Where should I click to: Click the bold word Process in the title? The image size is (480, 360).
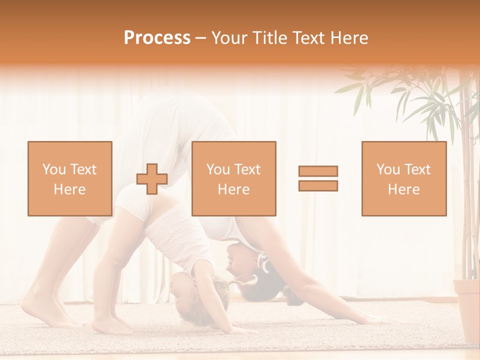[157, 38]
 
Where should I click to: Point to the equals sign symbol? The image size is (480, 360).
[318, 178]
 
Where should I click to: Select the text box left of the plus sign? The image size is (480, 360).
[70, 178]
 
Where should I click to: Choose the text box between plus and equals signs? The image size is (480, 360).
[233, 178]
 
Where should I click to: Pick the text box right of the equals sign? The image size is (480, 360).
[403, 178]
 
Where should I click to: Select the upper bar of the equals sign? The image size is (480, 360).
[318, 171]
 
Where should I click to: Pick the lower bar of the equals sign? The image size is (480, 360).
[318, 185]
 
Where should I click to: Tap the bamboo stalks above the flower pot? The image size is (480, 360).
[468, 200]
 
